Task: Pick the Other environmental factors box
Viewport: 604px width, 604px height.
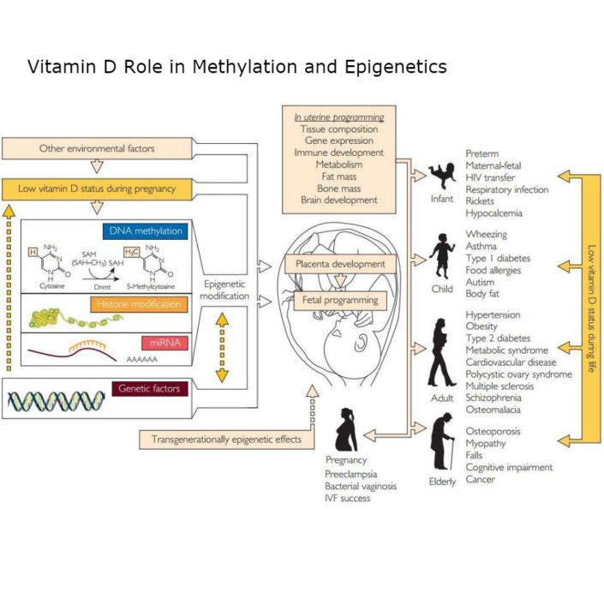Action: coord(97,148)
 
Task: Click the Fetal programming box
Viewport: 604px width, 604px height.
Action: coord(338,301)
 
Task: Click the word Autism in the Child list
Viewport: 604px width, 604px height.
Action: coord(483,281)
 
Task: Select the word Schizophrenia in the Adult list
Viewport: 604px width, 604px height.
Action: coord(500,398)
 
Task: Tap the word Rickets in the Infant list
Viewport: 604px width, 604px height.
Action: coord(484,200)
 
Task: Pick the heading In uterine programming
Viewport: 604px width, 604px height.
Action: coord(339,117)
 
